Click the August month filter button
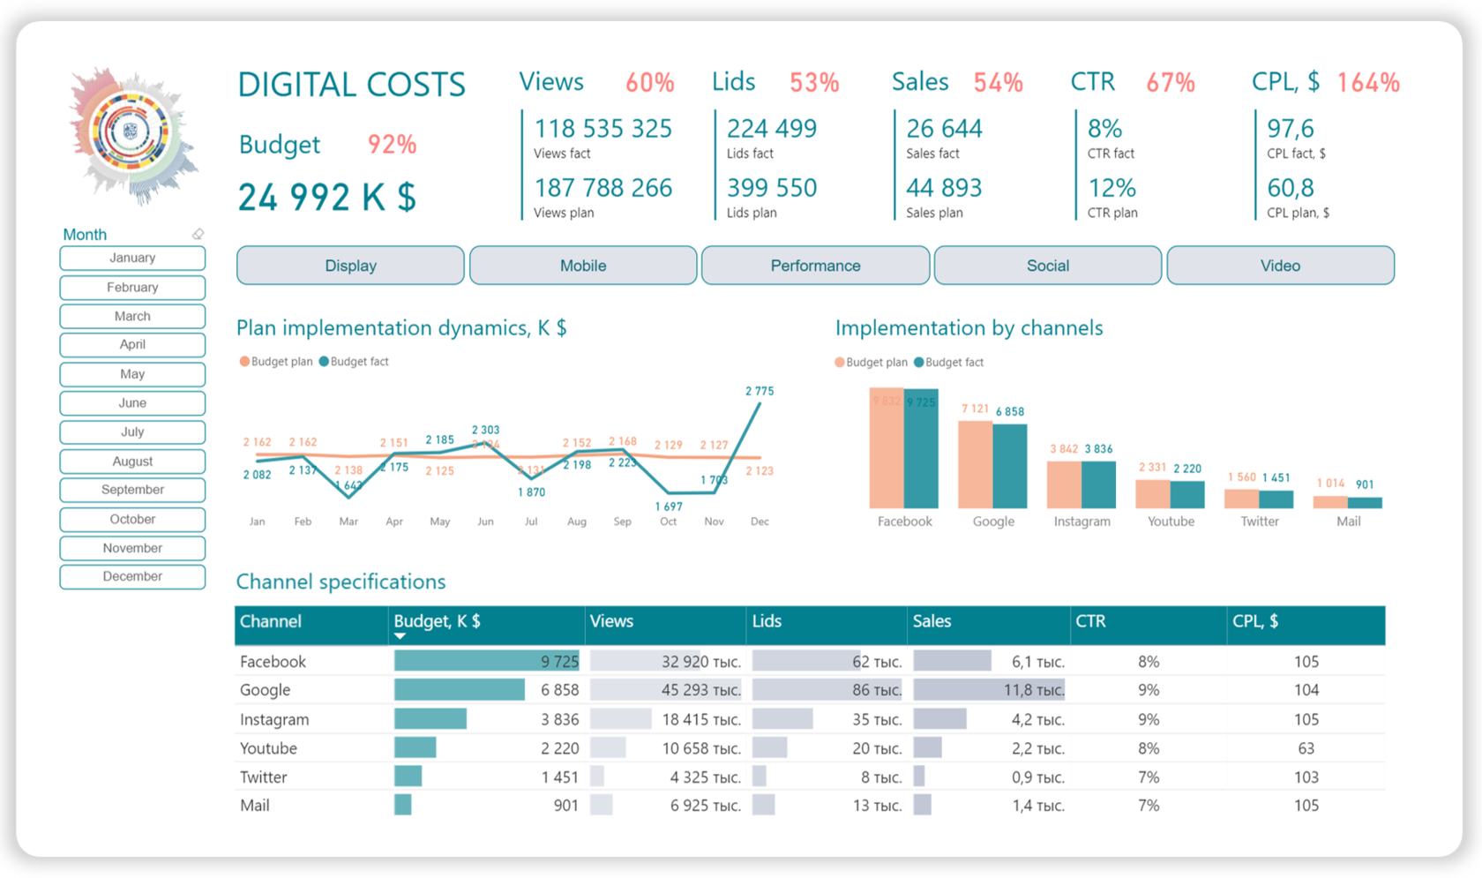coord(132,461)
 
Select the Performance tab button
coord(815,266)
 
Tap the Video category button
coord(1279,266)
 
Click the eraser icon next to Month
coord(198,234)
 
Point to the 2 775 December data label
coord(759,391)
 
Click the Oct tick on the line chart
coord(668,522)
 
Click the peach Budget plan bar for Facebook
coord(886,450)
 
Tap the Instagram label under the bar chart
coord(1082,522)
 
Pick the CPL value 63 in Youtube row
coord(1306,748)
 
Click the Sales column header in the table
coord(932,621)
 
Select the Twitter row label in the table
coord(264,777)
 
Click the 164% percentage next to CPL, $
coord(1367,83)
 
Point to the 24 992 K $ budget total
coord(326,198)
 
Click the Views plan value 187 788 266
coord(603,188)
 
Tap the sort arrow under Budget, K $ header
coord(400,636)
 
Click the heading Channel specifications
coord(341,582)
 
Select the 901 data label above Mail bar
coord(1365,484)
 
